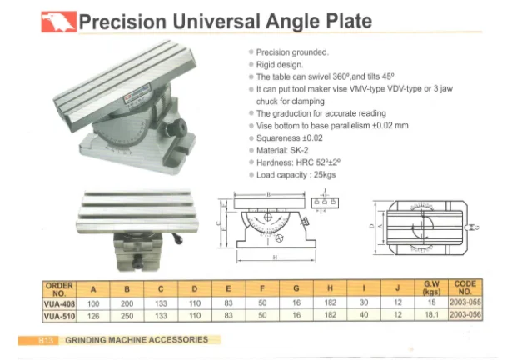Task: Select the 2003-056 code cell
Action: click(x=465, y=317)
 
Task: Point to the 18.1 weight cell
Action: click(x=432, y=317)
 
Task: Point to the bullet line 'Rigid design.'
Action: click(x=280, y=63)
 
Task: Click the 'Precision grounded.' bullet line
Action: click(x=291, y=52)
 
